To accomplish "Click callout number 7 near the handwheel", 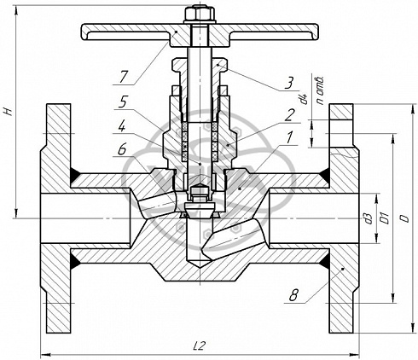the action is (x=123, y=77).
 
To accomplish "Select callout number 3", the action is (x=288, y=84).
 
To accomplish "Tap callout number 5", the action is (x=122, y=102).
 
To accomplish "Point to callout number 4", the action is (x=121, y=126).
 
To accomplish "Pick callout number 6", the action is (x=122, y=149).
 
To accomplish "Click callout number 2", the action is (x=289, y=116).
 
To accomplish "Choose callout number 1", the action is (x=289, y=138).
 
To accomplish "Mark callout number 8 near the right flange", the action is (x=293, y=296).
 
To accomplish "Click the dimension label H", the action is (x=9, y=111).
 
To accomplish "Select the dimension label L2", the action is (x=199, y=345).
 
